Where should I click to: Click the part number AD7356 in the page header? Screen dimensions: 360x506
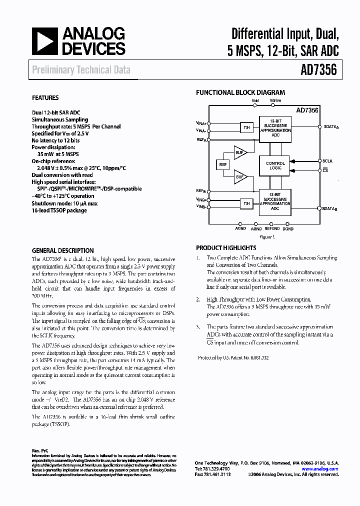(x=319, y=70)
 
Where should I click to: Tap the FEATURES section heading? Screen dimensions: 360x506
(x=45, y=98)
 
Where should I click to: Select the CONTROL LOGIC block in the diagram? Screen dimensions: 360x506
(x=275, y=166)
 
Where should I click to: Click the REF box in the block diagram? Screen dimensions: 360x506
(x=222, y=164)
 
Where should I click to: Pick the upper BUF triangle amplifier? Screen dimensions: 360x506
(x=240, y=153)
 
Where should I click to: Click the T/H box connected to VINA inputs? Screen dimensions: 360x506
(x=246, y=127)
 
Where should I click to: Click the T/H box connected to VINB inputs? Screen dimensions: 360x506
(x=246, y=203)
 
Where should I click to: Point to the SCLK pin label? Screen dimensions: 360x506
(x=327, y=161)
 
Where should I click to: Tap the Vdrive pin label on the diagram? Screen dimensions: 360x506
(x=275, y=100)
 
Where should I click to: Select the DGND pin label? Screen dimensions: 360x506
(x=288, y=228)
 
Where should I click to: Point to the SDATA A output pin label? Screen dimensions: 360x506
(x=330, y=127)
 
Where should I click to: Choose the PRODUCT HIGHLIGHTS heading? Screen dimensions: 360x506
(x=226, y=248)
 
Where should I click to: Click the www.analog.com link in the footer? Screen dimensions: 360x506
(x=319, y=469)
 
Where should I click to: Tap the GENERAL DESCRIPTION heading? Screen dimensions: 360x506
(x=62, y=251)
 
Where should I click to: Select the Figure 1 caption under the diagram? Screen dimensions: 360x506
(x=267, y=236)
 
